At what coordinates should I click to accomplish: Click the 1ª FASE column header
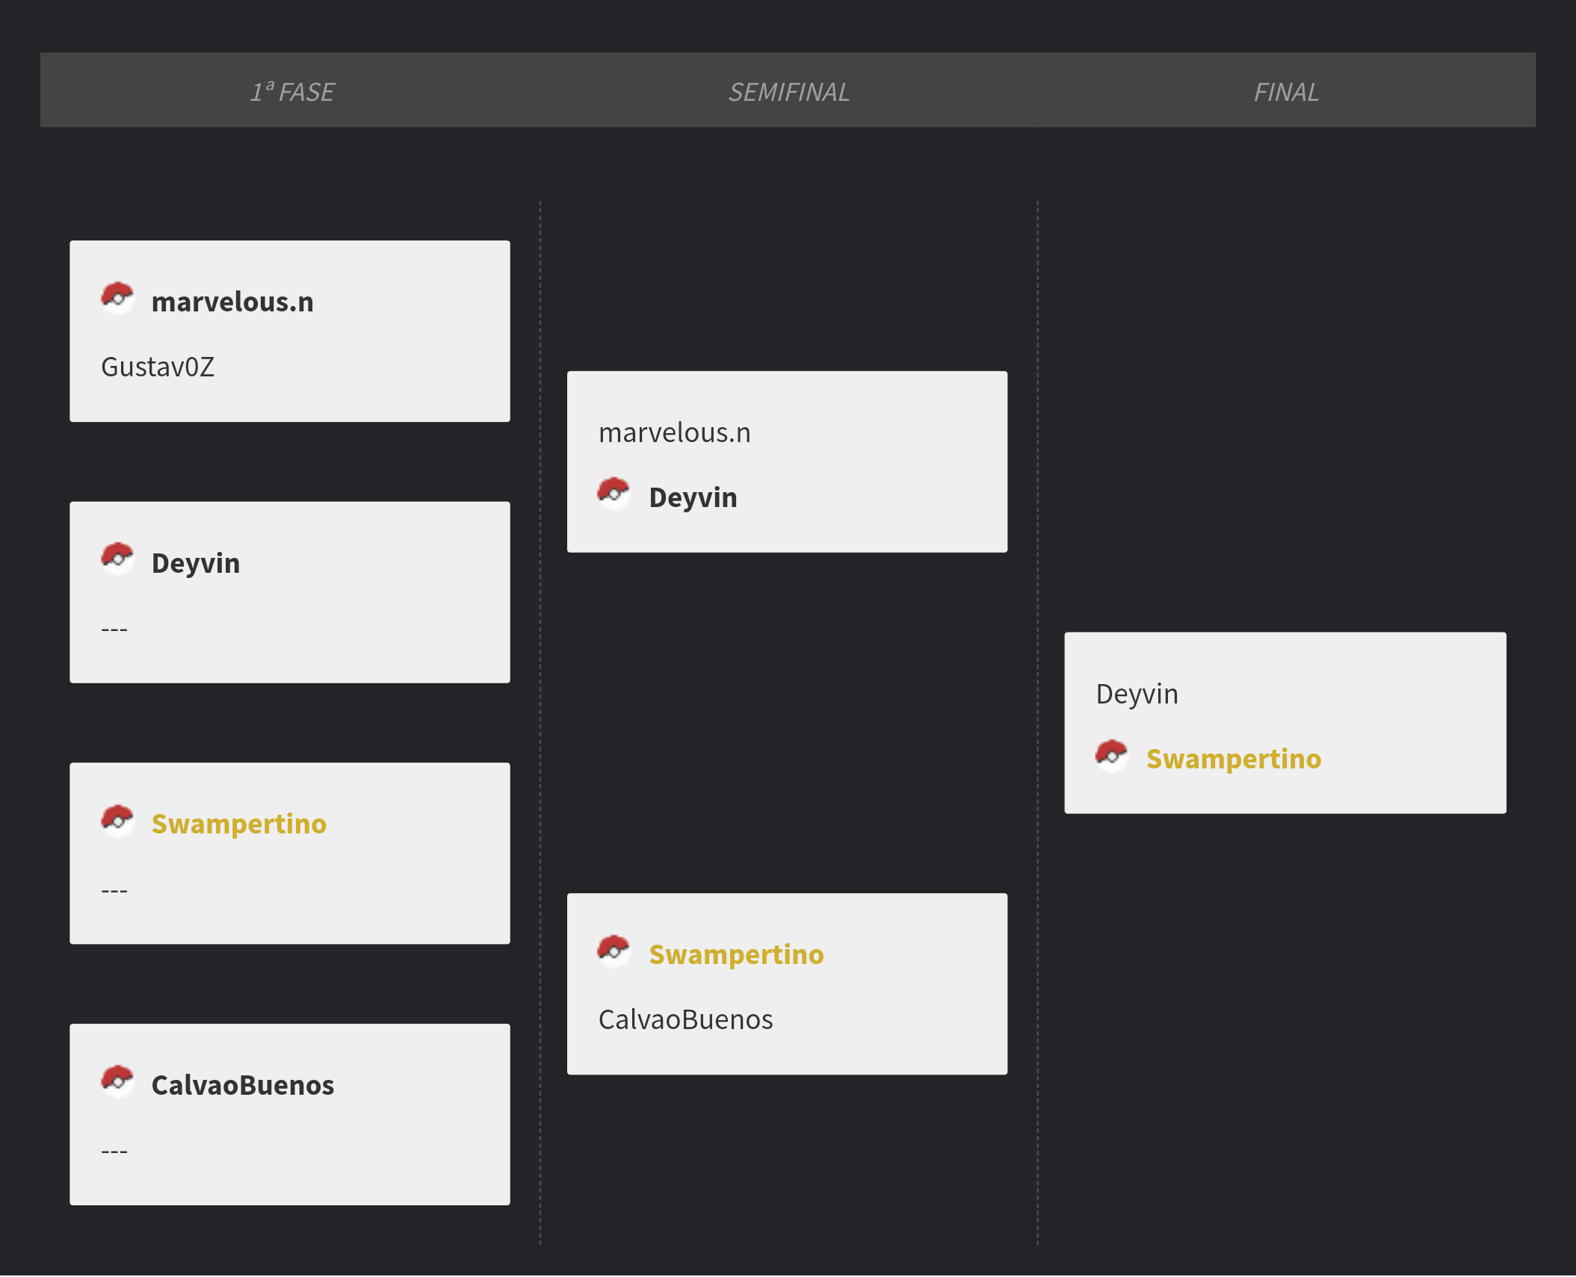(x=292, y=91)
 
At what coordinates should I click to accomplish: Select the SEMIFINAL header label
(x=788, y=91)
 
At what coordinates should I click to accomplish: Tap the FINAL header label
(x=1285, y=91)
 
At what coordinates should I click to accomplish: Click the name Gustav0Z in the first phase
(x=158, y=367)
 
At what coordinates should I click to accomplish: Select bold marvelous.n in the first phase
(x=232, y=302)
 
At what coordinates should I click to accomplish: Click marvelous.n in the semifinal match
(x=674, y=432)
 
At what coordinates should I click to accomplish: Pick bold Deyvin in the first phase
(x=196, y=564)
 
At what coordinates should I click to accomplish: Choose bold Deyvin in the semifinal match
(x=693, y=498)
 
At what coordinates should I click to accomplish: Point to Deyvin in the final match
(x=1137, y=695)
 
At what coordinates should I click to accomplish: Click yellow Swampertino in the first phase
(x=239, y=824)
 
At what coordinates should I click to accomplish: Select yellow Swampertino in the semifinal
(x=736, y=955)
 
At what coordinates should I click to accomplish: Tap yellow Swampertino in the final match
(x=1234, y=759)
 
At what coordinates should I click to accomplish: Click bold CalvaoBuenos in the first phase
(x=243, y=1085)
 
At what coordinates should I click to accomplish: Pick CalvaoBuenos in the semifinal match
(x=685, y=1019)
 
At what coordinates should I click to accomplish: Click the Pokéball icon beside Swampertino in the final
(x=1112, y=756)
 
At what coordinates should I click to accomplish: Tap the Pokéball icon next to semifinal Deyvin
(x=614, y=494)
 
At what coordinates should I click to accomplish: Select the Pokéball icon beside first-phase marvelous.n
(x=117, y=299)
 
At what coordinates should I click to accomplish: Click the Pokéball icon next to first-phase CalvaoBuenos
(x=117, y=1082)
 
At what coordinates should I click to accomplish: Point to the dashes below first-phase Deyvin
(x=114, y=630)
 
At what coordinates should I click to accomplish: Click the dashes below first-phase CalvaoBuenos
(x=114, y=1152)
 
